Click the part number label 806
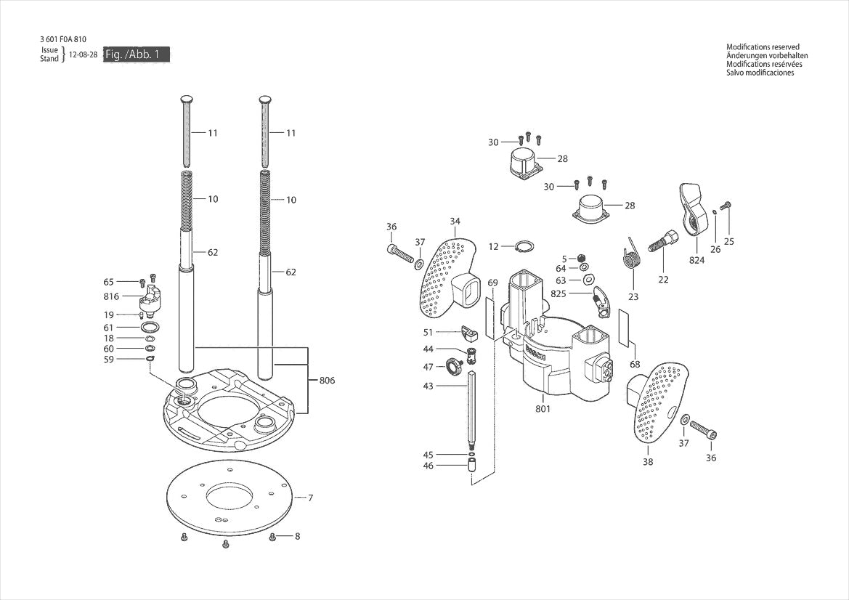pos(327,380)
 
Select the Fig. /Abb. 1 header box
pos(136,54)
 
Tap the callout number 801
pos(543,408)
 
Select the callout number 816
pos(110,297)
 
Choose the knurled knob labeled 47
pos(455,364)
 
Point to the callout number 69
pos(492,282)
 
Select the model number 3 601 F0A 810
pos(66,39)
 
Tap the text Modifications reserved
pos(763,47)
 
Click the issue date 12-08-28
pos(84,54)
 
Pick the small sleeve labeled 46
pos(471,464)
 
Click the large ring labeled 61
pos(150,328)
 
